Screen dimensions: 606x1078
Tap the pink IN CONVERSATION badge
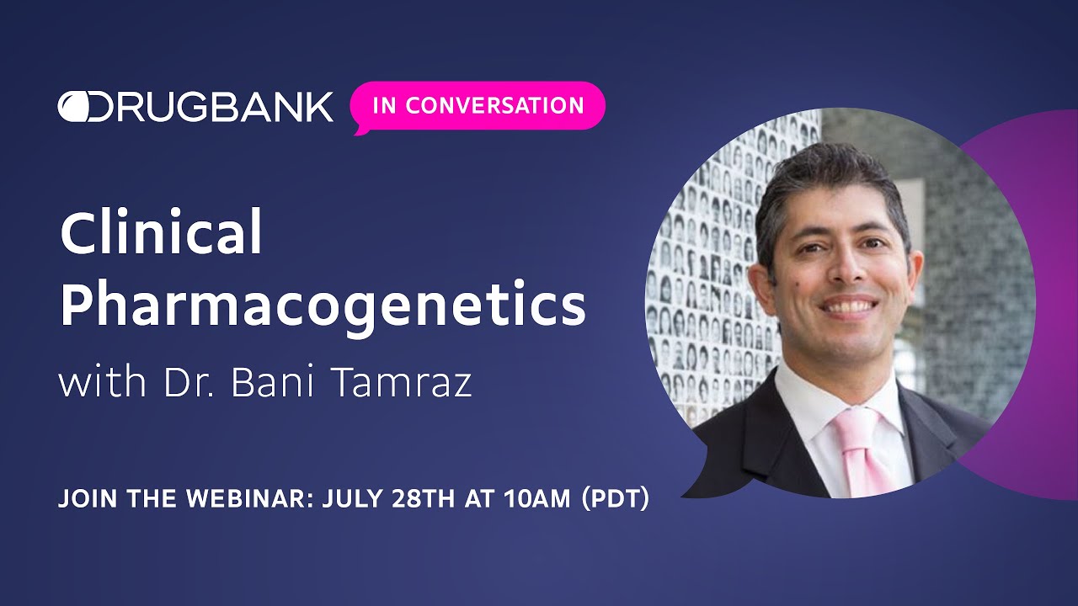478,106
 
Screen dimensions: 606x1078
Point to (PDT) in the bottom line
612,498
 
